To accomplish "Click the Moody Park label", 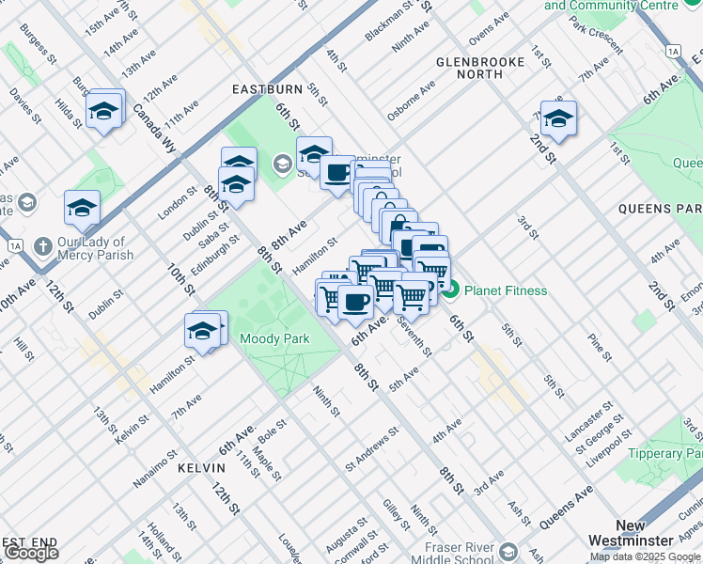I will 274,338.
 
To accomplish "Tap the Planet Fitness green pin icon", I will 450,290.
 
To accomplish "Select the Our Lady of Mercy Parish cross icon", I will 41,247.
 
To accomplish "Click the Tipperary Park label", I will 668,453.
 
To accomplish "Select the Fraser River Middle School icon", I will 508,551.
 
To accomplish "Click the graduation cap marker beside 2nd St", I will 558,118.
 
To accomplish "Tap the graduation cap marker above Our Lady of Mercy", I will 82,207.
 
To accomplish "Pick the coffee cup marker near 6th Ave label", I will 355,302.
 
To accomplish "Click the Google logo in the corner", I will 31,552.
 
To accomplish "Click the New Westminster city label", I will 631,532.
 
